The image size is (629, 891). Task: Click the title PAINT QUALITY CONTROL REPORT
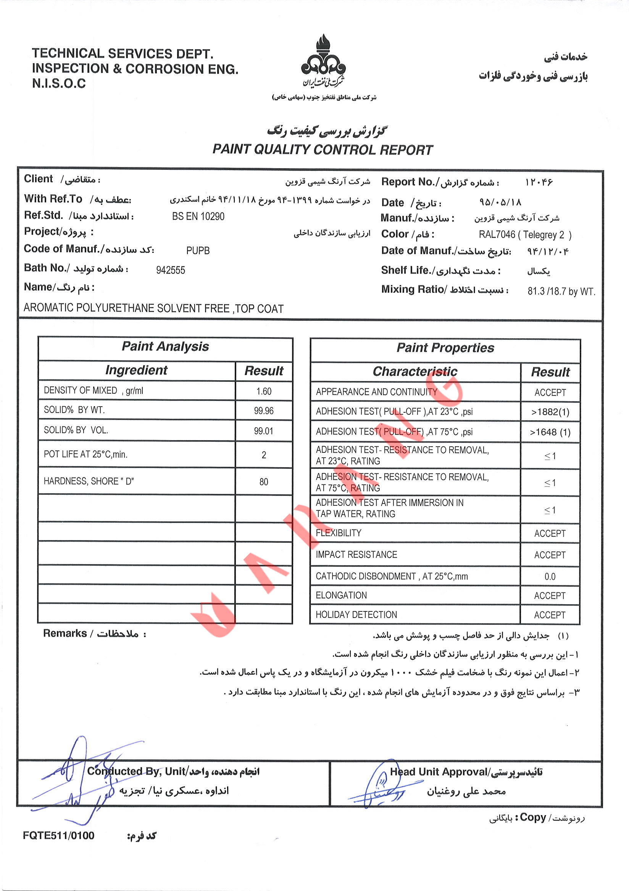(322, 150)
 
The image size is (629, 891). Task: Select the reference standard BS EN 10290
(198, 217)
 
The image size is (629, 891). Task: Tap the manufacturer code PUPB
(198, 251)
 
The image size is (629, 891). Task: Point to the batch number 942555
(171, 270)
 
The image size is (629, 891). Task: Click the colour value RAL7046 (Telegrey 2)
(524, 235)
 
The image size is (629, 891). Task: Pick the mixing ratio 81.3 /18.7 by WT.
(561, 291)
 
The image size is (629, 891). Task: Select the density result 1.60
(264, 391)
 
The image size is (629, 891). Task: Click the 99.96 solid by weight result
(264, 410)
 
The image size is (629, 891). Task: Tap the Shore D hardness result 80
(264, 482)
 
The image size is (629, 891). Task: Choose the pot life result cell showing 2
(264, 455)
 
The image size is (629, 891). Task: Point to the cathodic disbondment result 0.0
(550, 577)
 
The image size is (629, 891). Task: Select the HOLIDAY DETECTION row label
(356, 615)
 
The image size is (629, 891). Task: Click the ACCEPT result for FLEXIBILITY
(550, 534)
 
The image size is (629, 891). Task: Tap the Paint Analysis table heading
(165, 347)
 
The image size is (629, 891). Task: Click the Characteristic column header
(415, 372)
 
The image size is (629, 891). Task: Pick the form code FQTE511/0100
(59, 836)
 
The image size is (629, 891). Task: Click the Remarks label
(65, 633)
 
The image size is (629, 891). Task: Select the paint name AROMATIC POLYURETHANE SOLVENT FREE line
(153, 308)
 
